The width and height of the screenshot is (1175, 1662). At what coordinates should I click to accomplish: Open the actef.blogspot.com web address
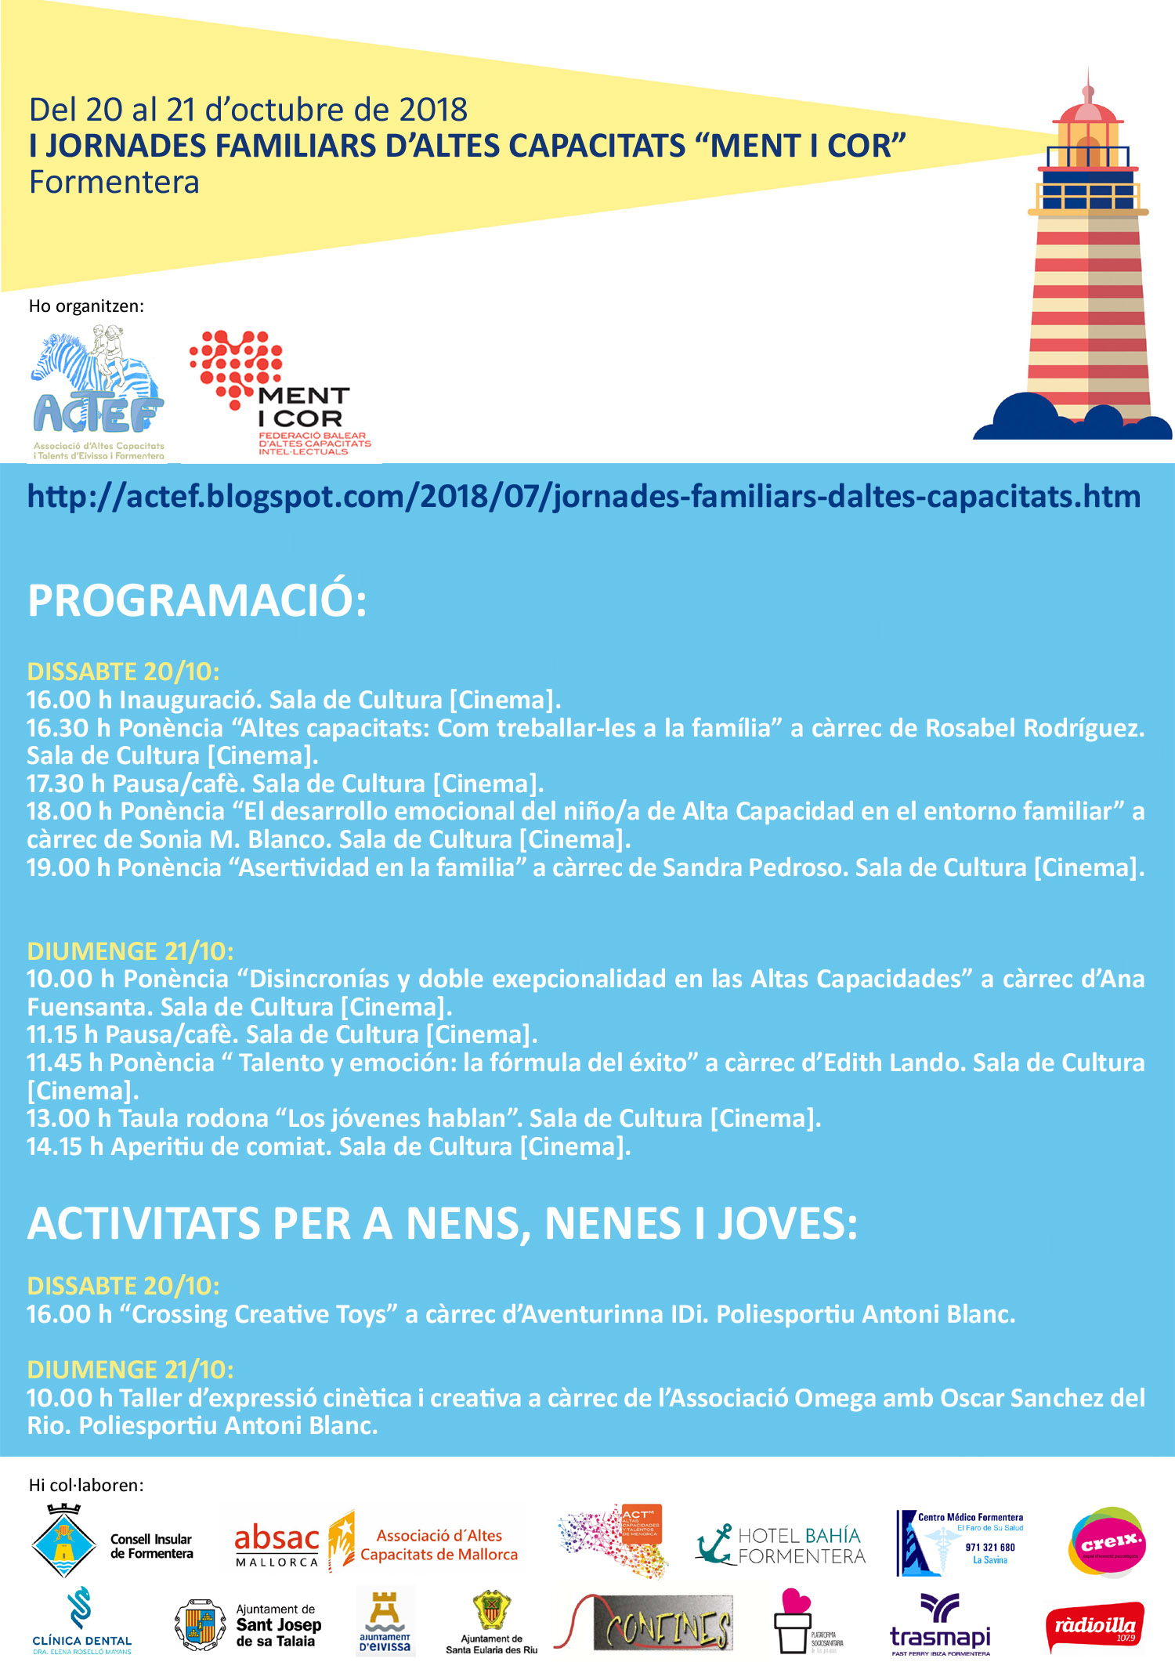coord(584,497)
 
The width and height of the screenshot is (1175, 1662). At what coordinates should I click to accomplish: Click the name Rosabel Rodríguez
coord(1034,728)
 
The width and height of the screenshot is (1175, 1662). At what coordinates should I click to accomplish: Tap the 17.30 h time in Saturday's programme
coord(66,784)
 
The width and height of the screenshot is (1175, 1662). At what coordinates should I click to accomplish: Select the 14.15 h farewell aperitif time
coord(65,1146)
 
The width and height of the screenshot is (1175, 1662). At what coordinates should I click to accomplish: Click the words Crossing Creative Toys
coord(259,1314)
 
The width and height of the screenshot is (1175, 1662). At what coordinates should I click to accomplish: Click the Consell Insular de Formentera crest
coord(63,1543)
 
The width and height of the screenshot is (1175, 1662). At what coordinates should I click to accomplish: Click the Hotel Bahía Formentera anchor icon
coord(714,1544)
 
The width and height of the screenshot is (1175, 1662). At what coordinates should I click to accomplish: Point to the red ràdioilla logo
coord(1094,1627)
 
